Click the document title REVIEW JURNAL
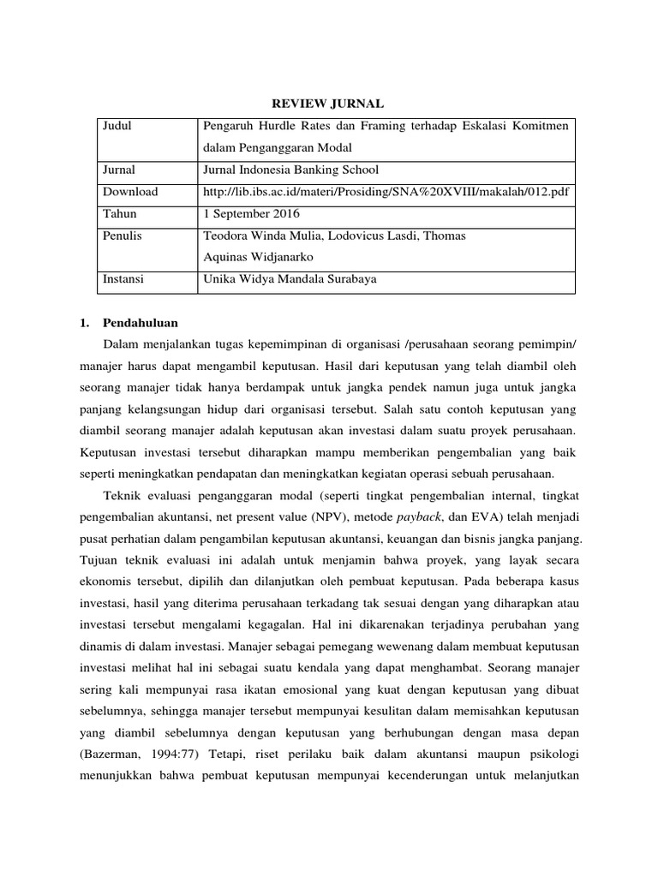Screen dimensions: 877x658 [328, 103]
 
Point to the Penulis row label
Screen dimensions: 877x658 [123, 235]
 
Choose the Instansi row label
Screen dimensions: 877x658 [123, 278]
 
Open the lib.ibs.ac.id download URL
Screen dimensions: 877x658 [385, 192]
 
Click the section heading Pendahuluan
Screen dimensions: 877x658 [141, 323]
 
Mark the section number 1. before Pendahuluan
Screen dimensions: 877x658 [84, 323]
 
